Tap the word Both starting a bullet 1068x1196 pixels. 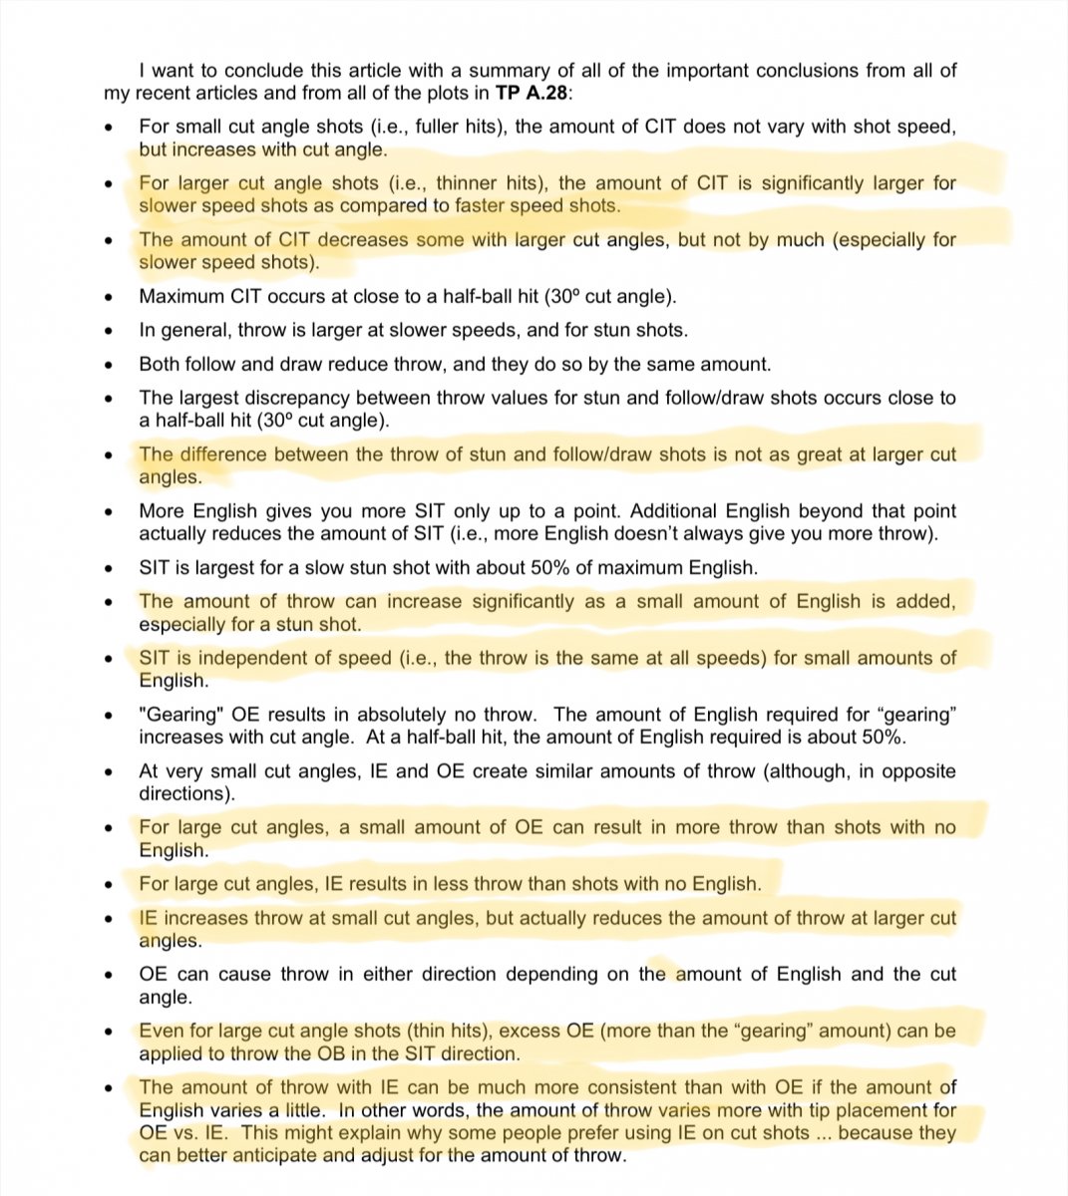coord(160,365)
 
